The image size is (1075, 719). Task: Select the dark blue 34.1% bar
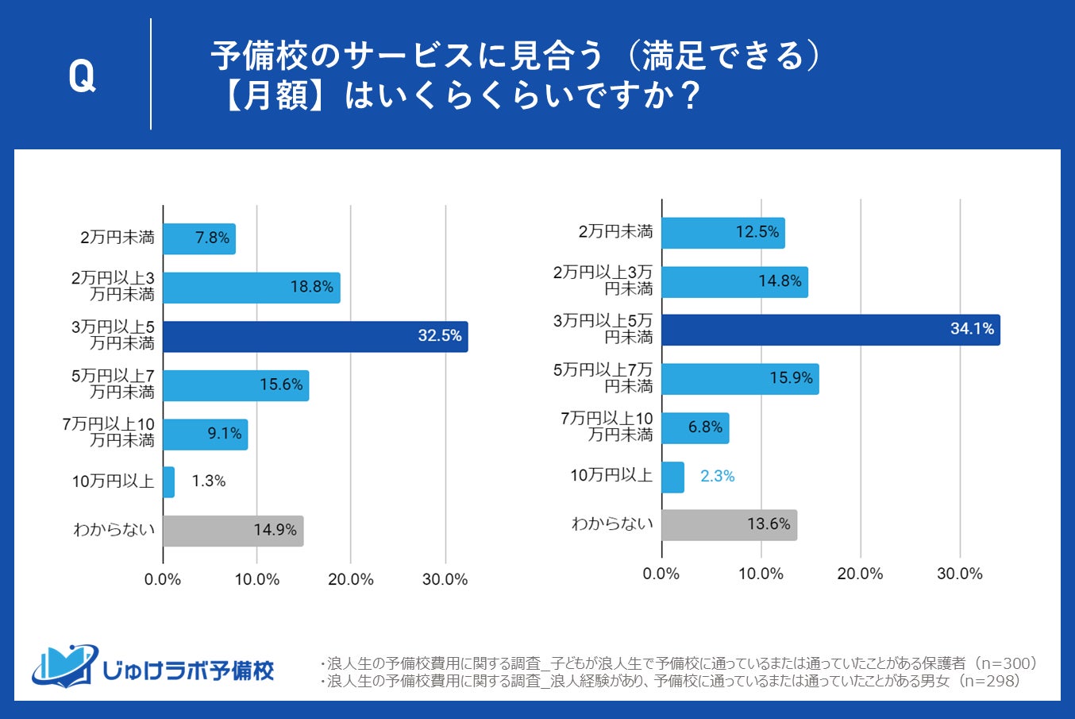click(830, 330)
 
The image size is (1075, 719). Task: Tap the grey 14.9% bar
click(233, 531)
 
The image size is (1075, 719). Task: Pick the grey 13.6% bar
click(729, 525)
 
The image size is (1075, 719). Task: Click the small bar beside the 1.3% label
click(168, 482)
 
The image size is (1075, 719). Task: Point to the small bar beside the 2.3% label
click(672, 477)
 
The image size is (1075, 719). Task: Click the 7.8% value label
click(213, 238)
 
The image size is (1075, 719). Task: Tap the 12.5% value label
click(757, 232)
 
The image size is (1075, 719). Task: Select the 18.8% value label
click(311, 287)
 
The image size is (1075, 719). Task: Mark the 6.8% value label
click(705, 427)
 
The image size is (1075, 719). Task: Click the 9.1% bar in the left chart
click(205, 435)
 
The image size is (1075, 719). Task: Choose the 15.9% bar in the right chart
click(740, 379)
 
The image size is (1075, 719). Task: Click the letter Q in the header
click(82, 76)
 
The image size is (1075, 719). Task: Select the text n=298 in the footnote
click(988, 682)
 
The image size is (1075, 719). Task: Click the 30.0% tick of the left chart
click(445, 580)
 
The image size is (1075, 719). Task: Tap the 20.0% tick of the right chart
click(860, 574)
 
